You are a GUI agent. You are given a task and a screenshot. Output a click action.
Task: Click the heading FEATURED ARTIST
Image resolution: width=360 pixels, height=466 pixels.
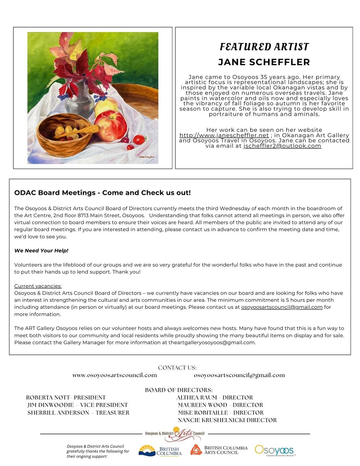(x=264, y=47)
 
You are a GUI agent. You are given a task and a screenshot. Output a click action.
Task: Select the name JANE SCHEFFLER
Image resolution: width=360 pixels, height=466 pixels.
(x=264, y=62)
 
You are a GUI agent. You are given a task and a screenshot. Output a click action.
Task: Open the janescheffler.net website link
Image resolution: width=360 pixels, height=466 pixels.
(x=224, y=135)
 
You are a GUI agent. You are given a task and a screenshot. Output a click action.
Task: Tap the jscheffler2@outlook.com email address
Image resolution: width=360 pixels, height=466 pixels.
(x=282, y=146)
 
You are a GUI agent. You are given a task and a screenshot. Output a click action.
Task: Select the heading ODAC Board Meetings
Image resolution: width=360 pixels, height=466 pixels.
(x=102, y=193)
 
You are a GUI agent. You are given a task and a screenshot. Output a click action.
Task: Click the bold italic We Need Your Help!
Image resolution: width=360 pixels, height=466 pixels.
(x=41, y=251)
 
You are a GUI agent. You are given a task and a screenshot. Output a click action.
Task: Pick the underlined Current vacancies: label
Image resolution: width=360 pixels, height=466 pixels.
(x=38, y=286)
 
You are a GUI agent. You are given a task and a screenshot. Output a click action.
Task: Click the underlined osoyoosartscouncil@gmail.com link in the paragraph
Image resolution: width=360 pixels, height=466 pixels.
(x=282, y=307)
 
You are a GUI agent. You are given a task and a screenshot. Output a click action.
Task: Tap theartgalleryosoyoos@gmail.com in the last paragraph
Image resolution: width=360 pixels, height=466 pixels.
(x=212, y=342)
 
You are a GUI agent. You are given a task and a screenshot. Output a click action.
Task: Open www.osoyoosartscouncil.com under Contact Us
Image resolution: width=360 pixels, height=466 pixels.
(x=114, y=375)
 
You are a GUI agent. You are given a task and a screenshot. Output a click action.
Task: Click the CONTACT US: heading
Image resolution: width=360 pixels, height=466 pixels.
(x=177, y=368)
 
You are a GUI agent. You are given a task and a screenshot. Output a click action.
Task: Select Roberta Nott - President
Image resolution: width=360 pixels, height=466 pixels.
(x=66, y=398)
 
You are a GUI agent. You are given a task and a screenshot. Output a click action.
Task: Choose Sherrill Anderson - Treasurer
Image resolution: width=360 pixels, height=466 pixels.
(x=78, y=413)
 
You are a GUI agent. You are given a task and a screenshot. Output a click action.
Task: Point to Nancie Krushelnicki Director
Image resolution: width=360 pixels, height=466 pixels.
(x=227, y=420)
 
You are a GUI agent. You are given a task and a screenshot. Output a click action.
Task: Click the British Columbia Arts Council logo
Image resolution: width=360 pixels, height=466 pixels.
(x=219, y=450)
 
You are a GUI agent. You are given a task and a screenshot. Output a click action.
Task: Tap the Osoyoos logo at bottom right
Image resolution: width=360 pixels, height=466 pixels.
(x=275, y=450)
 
